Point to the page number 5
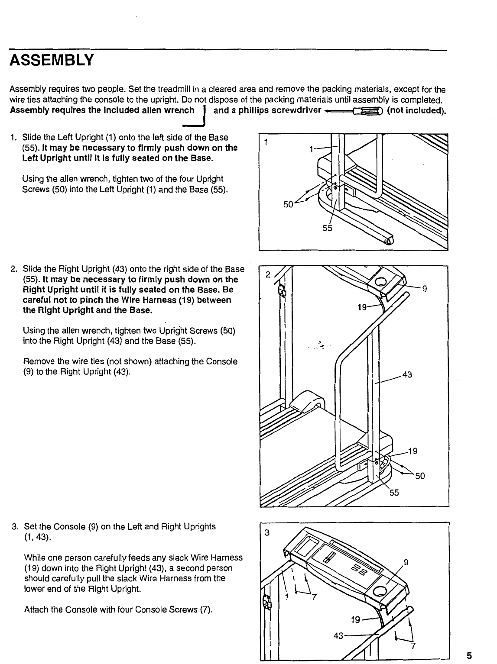[469, 655]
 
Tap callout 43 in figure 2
[407, 374]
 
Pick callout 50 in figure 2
[420, 476]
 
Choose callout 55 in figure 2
[394, 493]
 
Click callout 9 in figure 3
[406, 563]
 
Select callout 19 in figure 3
[355, 620]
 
